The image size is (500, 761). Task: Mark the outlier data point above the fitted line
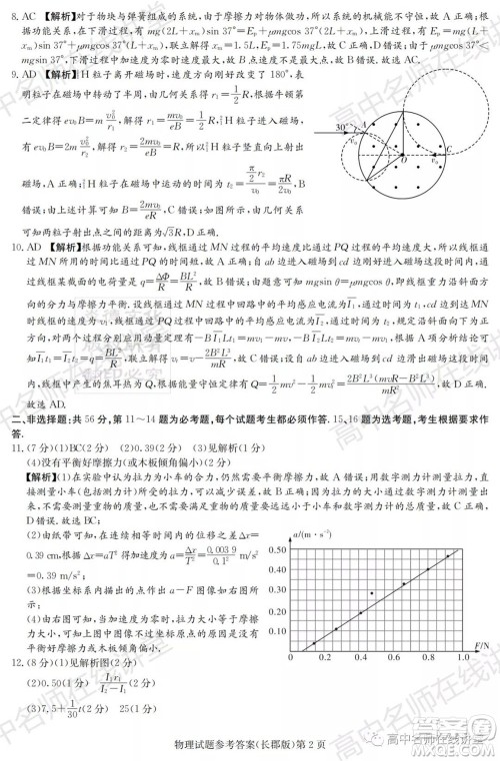pos(372,593)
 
